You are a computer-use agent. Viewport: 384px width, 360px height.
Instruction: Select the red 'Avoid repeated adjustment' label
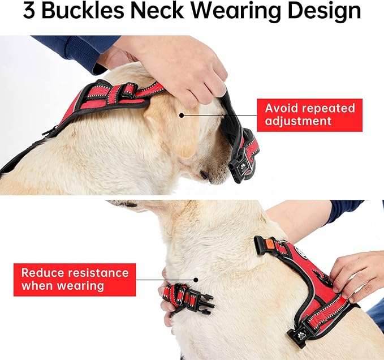tap(309, 115)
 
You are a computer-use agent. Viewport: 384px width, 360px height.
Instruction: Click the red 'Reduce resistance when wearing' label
tap(75, 280)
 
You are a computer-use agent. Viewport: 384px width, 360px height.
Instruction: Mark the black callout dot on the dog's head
tap(182, 114)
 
